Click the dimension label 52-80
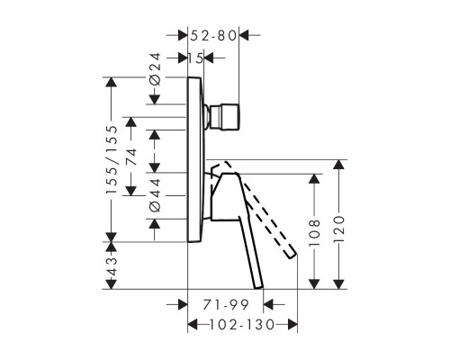click(x=213, y=36)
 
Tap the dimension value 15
click(x=195, y=58)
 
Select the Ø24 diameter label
click(x=156, y=69)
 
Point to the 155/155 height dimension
click(x=112, y=159)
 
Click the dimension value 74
click(x=131, y=157)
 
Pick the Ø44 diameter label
click(x=156, y=195)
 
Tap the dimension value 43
click(x=112, y=266)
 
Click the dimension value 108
click(x=314, y=233)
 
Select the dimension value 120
click(x=339, y=229)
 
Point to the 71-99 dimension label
click(x=226, y=305)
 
